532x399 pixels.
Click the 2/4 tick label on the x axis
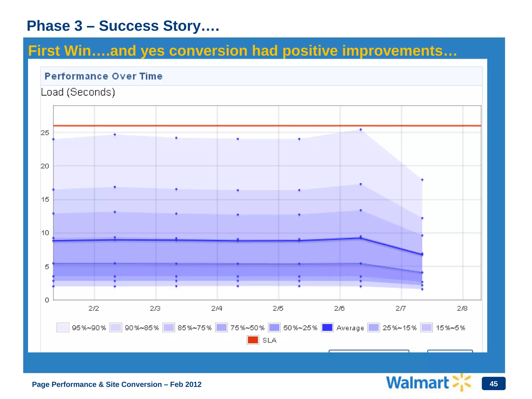tap(217, 308)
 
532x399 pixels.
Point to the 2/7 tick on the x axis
tap(401, 308)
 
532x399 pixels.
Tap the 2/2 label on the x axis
tap(94, 308)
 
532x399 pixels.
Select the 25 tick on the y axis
tap(45, 133)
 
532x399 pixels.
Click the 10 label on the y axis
tap(45, 233)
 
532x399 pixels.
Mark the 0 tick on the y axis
tap(47, 300)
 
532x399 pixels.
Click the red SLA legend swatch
tap(253, 340)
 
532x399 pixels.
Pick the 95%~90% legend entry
tap(82, 328)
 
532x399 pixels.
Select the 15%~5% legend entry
tap(443, 328)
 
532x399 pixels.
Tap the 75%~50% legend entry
tap(240, 328)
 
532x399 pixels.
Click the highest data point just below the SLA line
tap(361, 129)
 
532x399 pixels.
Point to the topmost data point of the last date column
tap(422, 180)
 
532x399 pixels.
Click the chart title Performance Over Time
tap(103, 76)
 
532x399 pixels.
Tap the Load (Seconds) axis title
tap(78, 92)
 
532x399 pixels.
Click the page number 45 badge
tap(493, 384)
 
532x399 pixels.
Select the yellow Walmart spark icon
tap(462, 382)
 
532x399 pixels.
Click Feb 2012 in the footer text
tap(185, 384)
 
